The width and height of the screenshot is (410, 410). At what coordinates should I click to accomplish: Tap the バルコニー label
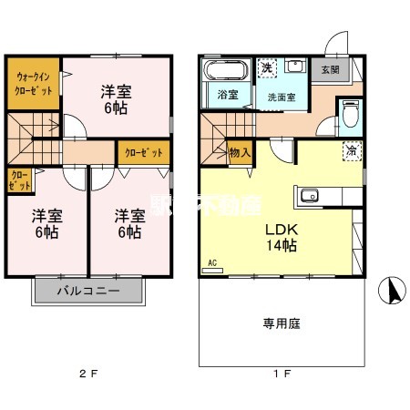pyautogui.click(x=88, y=292)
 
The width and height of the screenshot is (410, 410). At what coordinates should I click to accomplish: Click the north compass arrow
pyautogui.click(x=394, y=291)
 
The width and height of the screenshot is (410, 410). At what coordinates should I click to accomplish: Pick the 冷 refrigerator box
pyautogui.click(x=351, y=151)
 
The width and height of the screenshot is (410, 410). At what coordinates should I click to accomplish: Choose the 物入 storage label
pyautogui.click(x=241, y=152)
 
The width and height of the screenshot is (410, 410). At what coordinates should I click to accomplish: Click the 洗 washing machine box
pyautogui.click(x=266, y=68)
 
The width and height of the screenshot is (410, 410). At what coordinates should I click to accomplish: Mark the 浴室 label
pyautogui.click(x=225, y=95)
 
